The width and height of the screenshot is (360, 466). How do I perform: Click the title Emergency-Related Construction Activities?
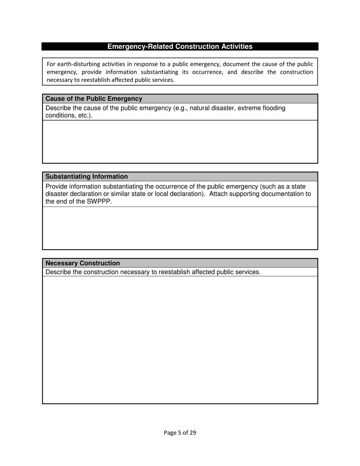(x=180, y=47)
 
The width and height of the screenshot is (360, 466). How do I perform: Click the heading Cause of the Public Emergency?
(x=94, y=99)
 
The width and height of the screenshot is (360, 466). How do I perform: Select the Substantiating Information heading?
(x=86, y=177)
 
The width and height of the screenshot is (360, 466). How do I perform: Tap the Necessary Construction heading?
(x=83, y=263)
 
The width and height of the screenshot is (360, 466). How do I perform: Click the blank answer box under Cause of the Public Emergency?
(x=180, y=142)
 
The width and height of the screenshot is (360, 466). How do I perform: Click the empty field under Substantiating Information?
(x=180, y=228)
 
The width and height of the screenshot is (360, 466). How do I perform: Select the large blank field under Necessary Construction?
(x=180, y=340)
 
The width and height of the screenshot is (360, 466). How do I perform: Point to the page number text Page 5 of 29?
(x=180, y=433)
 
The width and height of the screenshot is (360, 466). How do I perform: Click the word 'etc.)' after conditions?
(x=85, y=115)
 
